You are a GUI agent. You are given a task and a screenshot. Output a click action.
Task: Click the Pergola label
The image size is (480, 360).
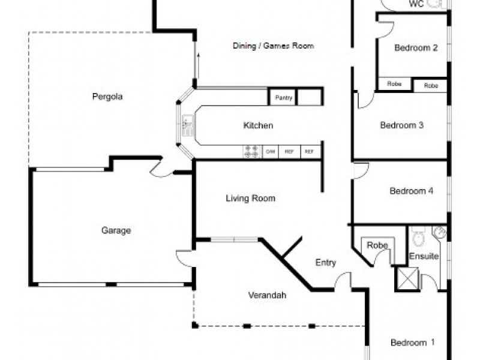(x=107, y=96)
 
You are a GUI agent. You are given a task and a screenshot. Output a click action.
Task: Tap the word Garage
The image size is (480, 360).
(x=116, y=230)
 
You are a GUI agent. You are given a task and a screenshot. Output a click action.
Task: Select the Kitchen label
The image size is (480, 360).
(x=258, y=125)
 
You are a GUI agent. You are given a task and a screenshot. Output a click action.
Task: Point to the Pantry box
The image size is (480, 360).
(x=283, y=97)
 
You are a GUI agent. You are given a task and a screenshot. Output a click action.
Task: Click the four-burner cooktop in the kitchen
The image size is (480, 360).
(x=251, y=152)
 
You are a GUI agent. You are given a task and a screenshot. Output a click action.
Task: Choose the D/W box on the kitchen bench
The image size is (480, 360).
(x=271, y=152)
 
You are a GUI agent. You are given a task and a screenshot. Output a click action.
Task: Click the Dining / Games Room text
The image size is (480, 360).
(x=273, y=46)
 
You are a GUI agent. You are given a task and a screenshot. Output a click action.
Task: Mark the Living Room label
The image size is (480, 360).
(x=250, y=198)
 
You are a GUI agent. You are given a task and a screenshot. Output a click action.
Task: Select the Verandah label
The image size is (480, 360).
(x=267, y=295)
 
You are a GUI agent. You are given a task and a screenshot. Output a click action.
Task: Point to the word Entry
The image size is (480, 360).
(x=326, y=263)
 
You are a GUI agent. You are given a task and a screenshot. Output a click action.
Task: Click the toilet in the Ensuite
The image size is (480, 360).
(x=419, y=238)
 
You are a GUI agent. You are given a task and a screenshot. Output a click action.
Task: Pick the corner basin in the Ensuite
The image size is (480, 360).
(x=439, y=233)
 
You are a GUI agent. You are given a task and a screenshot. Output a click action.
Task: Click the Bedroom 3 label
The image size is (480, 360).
(x=402, y=125)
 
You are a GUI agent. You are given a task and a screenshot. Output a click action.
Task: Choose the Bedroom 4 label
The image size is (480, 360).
(x=412, y=191)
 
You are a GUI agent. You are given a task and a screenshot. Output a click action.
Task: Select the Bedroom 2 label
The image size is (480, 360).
(x=416, y=48)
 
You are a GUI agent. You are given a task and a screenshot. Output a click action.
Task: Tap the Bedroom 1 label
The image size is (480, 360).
(x=413, y=343)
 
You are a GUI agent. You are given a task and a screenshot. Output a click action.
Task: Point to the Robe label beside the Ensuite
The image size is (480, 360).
(x=377, y=245)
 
